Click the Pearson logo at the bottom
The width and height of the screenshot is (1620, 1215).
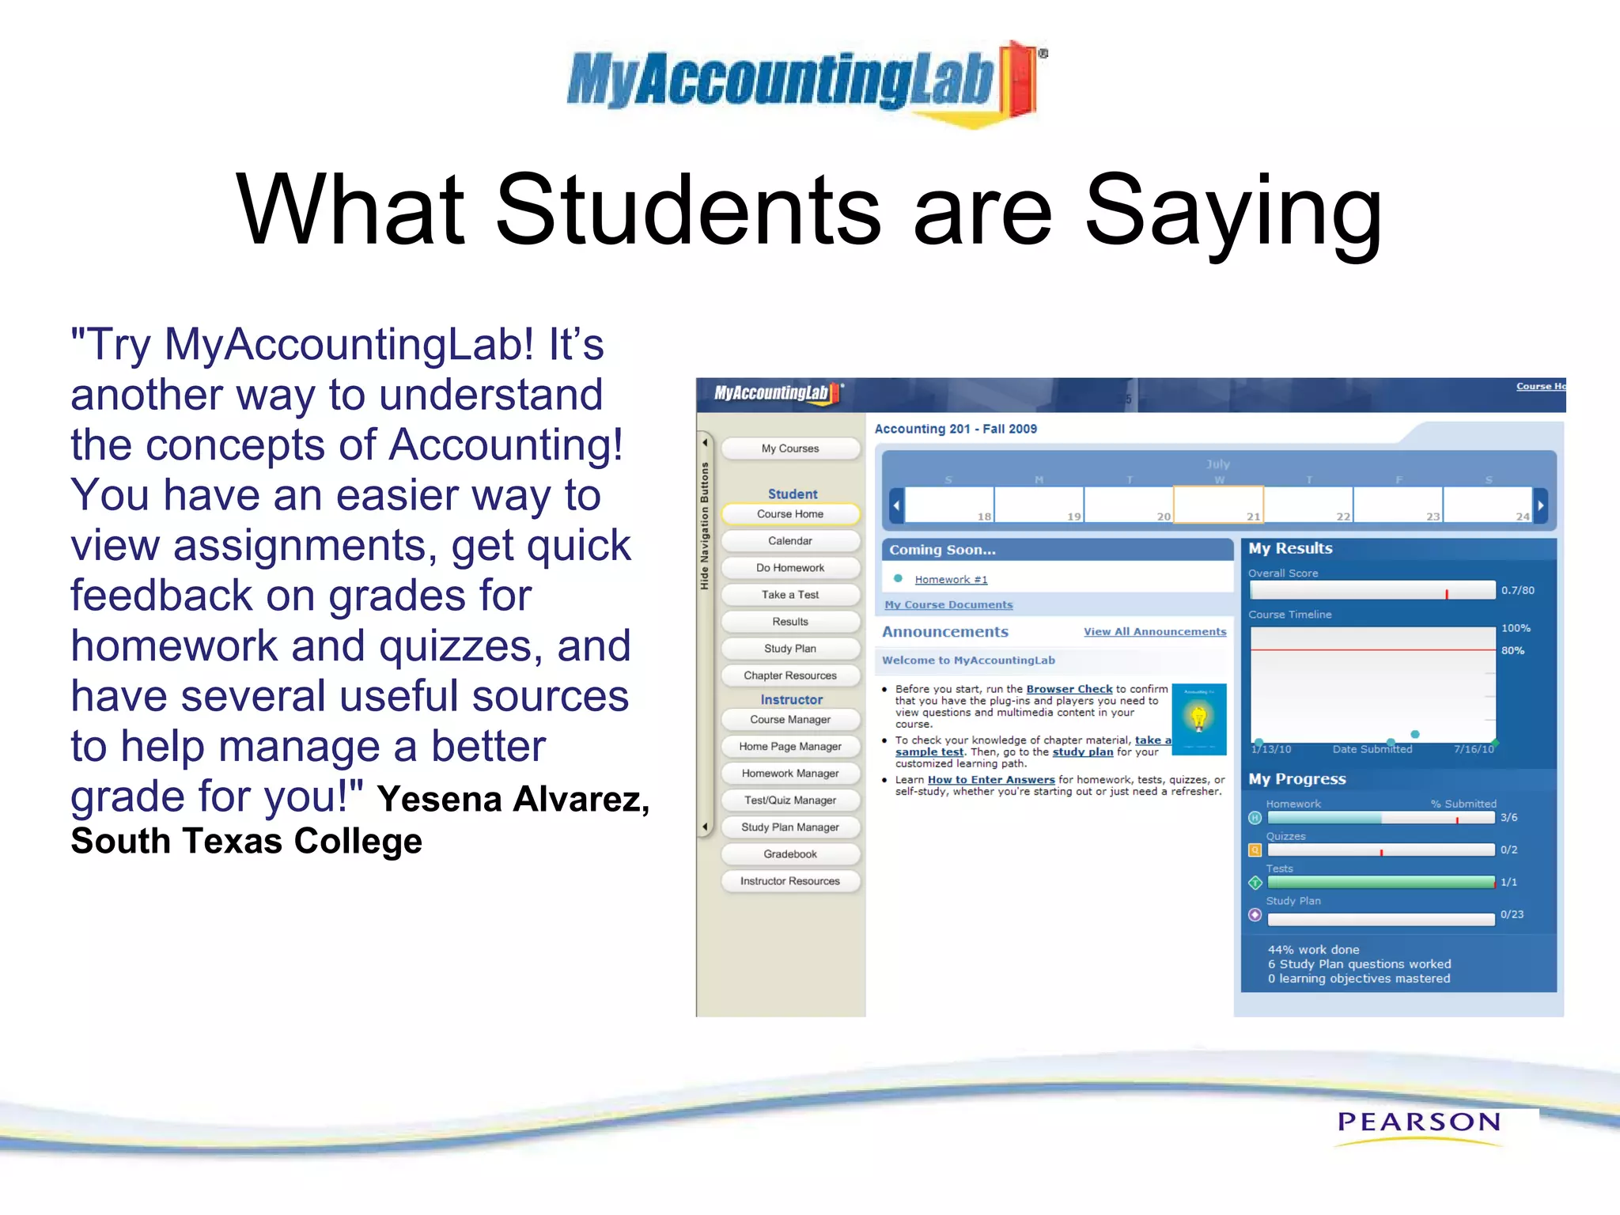tap(1418, 1122)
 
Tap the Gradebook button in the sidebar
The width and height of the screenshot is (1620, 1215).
tap(789, 854)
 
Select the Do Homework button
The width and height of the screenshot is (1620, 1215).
tap(789, 568)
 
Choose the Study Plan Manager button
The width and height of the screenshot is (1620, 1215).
tap(789, 827)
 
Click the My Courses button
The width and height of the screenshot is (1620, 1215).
tap(789, 449)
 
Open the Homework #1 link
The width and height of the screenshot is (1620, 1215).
tap(951, 580)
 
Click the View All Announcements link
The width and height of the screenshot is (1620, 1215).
tap(1154, 631)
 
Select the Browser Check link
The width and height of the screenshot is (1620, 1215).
tap(1069, 689)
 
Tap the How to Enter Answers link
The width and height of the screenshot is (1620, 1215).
tap(990, 780)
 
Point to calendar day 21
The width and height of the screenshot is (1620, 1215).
tap(1218, 505)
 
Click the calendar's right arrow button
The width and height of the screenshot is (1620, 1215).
tap(1540, 505)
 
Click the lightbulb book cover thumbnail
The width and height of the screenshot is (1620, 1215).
tap(1198, 719)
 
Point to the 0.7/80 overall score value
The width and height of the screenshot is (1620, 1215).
tap(1517, 590)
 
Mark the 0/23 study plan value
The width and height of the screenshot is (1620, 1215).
tap(1512, 914)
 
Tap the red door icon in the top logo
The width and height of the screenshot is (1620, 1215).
tap(1017, 79)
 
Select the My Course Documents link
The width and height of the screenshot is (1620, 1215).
tap(948, 605)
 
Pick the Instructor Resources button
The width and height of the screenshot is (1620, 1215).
tap(789, 881)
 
